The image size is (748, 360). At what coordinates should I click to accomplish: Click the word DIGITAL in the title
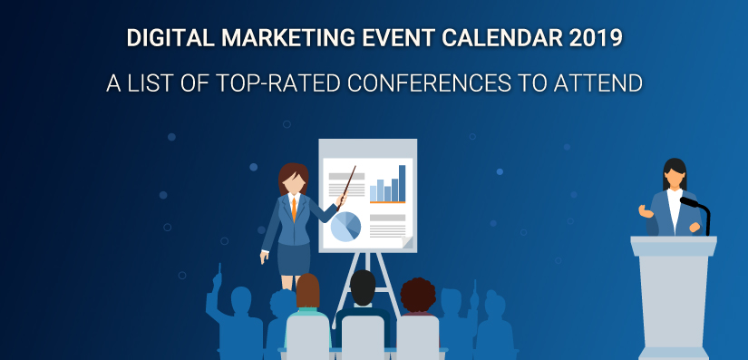coord(170,38)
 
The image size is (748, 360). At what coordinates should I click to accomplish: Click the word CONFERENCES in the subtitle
coord(426,83)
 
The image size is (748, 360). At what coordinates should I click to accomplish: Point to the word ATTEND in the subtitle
coord(597,83)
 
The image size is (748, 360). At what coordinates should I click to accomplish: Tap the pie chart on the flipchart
coord(345,227)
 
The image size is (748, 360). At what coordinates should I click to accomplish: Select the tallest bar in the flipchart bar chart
coord(403,183)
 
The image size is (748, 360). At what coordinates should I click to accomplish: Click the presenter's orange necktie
coord(294,209)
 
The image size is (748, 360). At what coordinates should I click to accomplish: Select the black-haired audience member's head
coord(363,287)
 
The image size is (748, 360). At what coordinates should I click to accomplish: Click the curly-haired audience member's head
coord(418,296)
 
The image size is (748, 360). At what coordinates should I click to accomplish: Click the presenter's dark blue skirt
coord(294,259)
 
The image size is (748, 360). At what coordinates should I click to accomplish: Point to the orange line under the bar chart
coord(387,202)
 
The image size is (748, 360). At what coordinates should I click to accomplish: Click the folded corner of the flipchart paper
coord(407,242)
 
